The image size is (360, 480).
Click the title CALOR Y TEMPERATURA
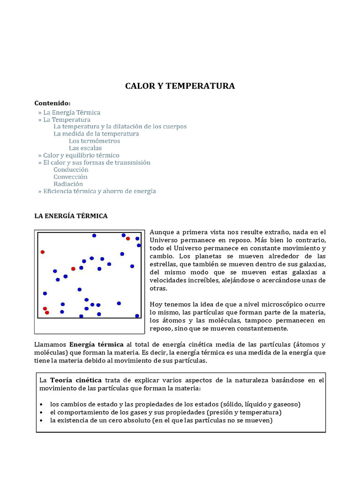click(x=180, y=86)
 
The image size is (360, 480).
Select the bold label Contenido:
click(x=52, y=103)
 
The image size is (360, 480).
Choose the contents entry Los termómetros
click(x=94, y=141)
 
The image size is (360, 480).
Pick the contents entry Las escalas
click(x=85, y=148)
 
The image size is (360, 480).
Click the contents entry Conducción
click(x=71, y=170)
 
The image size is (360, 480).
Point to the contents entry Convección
click(x=70, y=177)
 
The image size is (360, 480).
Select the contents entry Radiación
click(x=68, y=184)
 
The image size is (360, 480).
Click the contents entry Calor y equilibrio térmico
click(x=81, y=155)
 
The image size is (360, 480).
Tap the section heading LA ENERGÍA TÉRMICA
click(x=71, y=216)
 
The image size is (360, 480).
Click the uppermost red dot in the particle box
click(x=128, y=239)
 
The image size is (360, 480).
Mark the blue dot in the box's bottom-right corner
click(x=137, y=316)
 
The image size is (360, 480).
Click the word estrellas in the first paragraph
click(x=164, y=264)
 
